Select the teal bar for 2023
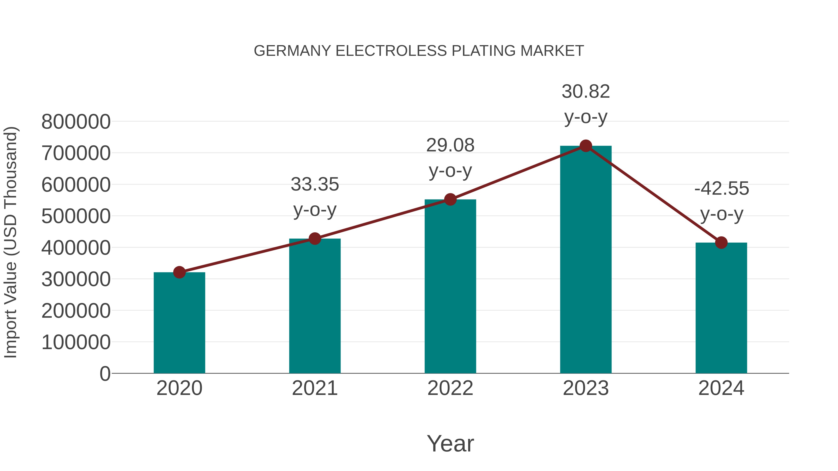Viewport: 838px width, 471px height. [586, 260]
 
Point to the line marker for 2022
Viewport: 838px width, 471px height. [450, 200]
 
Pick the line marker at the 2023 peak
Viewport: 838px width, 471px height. [586, 146]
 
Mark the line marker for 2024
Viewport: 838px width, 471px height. [721, 243]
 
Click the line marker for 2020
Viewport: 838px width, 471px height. [179, 272]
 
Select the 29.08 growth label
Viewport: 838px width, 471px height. [450, 145]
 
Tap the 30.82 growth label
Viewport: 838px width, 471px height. [586, 92]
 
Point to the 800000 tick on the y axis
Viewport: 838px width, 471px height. [76, 122]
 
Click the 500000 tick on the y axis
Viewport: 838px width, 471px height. [76, 216]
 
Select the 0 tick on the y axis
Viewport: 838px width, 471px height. [105, 374]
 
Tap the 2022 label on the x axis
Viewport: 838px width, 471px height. [450, 388]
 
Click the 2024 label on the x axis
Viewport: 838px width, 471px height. [721, 388]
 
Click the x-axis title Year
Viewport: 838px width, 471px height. [450, 443]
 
